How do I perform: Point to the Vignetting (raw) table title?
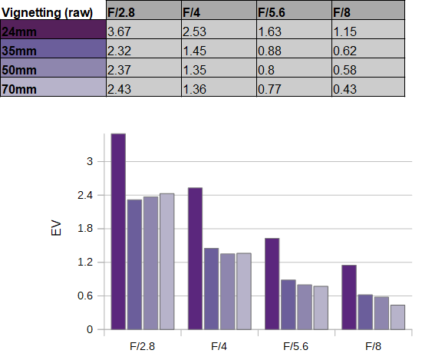tap(47, 12)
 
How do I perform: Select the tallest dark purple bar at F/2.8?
tap(118, 231)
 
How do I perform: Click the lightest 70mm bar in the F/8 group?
tap(397, 317)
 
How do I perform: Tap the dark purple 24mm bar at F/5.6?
tap(272, 284)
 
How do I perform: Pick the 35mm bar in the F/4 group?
tap(212, 289)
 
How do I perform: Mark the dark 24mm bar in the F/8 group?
tap(349, 297)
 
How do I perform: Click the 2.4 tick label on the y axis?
tap(85, 195)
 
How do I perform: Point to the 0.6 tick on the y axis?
tap(85, 296)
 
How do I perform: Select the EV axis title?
tap(56, 228)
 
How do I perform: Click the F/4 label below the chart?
tap(219, 346)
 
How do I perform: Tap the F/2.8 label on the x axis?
tap(143, 346)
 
